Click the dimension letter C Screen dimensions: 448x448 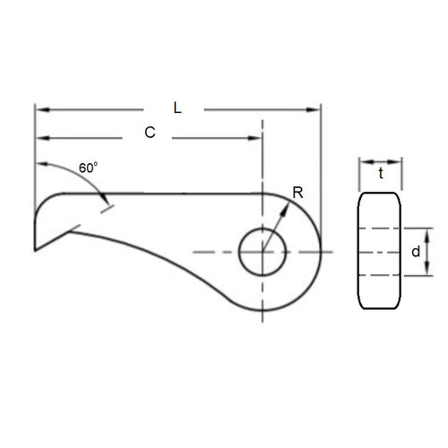click(x=150, y=133)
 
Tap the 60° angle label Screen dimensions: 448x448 click(x=87, y=168)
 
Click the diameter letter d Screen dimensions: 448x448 click(x=415, y=253)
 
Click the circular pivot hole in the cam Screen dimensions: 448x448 click(x=262, y=252)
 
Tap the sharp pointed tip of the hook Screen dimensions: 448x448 click(x=36, y=250)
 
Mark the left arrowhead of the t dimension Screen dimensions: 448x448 click(x=363, y=162)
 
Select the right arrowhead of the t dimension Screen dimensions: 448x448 click(x=398, y=162)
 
